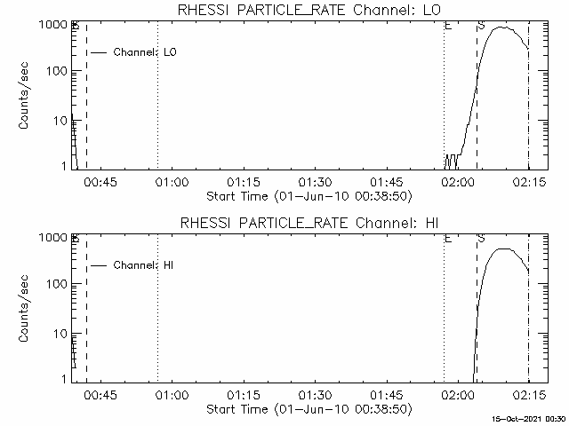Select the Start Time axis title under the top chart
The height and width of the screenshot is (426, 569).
tap(308, 195)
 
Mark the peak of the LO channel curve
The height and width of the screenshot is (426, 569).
tap(502, 28)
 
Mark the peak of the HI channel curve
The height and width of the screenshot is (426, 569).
tap(504, 248)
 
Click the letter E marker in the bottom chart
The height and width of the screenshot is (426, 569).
tap(448, 239)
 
